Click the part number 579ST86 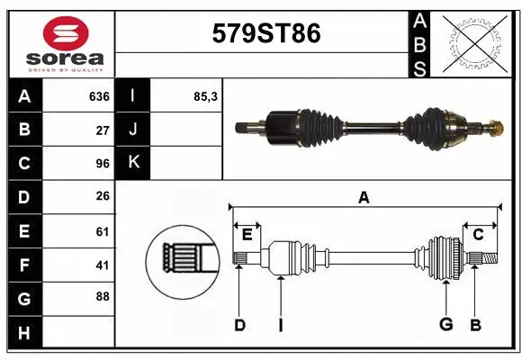coord(265,34)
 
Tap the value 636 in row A coord(98,96)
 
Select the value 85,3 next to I coord(206,96)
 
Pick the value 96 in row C coord(101,163)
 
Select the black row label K coord(133,163)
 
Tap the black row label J coord(133,130)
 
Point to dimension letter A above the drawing coord(364,197)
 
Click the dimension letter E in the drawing coord(247,234)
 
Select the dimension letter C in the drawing coord(478,234)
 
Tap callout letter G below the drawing coord(445,324)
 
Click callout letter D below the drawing coord(239,324)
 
